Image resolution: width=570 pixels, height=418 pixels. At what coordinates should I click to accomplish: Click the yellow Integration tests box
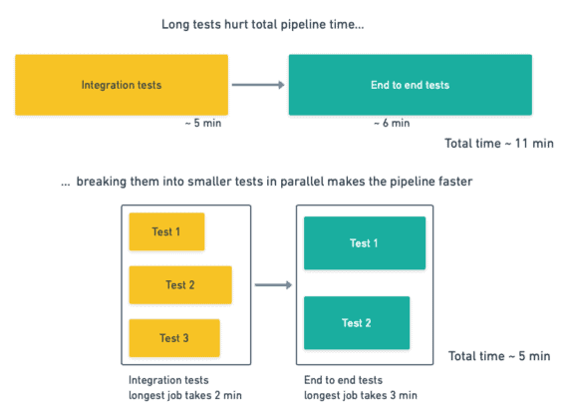[122, 85]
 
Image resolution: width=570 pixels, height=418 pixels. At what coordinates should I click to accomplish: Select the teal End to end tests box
[410, 85]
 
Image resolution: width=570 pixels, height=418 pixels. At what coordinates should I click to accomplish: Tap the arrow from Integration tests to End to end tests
[258, 85]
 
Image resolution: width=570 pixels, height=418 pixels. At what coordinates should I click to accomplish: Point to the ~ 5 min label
[203, 124]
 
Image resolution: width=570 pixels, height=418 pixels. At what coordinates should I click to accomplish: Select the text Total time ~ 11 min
[499, 144]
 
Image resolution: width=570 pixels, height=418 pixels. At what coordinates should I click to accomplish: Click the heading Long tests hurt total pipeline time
[262, 24]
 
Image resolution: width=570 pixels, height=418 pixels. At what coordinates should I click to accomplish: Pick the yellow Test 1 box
[166, 231]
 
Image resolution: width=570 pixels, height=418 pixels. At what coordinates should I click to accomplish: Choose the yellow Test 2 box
[179, 284]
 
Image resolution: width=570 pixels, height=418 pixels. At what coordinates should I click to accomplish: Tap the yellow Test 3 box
[173, 338]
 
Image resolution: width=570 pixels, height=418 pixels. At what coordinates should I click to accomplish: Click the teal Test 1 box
[364, 242]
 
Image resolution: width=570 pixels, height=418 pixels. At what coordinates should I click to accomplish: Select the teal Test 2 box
[356, 322]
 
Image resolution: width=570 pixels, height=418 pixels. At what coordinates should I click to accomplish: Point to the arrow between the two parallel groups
[272, 285]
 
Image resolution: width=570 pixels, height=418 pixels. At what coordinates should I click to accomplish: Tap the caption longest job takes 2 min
[186, 395]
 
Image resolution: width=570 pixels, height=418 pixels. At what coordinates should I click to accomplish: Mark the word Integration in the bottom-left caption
[155, 380]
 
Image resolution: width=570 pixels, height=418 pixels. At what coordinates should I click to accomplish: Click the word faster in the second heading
[456, 182]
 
